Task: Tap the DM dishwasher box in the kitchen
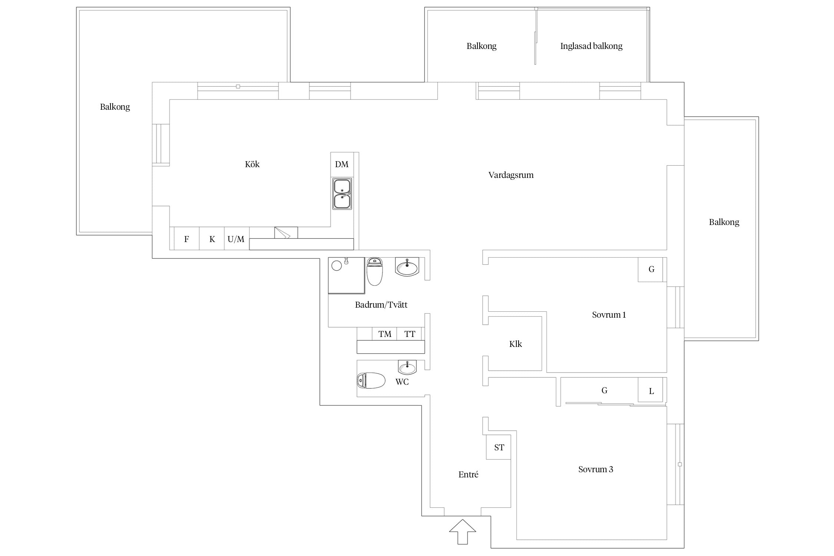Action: (342, 165)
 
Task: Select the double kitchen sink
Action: (342, 194)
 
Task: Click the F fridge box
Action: (186, 239)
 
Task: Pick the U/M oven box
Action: (236, 239)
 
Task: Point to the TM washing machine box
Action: (384, 334)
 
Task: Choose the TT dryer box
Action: (409, 334)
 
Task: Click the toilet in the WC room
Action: (371, 381)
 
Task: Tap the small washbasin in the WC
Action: (407, 367)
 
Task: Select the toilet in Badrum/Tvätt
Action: (374, 271)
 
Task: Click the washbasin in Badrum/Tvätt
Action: (407, 267)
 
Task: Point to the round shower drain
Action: (337, 266)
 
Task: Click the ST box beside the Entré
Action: (499, 447)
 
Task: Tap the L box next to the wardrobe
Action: (651, 390)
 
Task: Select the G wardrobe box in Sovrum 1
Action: (651, 269)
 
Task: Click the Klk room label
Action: (515, 344)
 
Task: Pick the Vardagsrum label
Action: (511, 175)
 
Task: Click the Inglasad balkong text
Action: (591, 46)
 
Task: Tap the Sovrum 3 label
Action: (596, 470)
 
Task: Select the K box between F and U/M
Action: (212, 239)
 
